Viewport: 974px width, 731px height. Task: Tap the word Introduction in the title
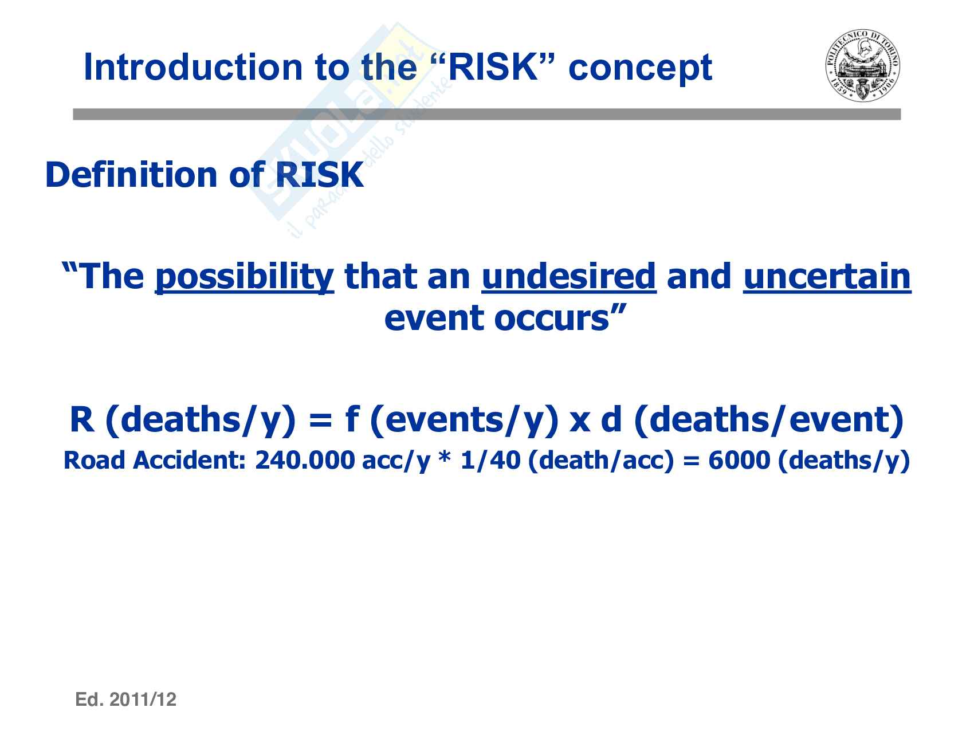(x=193, y=68)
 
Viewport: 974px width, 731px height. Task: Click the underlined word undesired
(x=569, y=276)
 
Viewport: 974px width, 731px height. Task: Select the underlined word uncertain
(x=827, y=276)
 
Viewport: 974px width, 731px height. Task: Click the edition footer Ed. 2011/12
(x=126, y=699)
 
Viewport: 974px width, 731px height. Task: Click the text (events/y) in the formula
(x=465, y=420)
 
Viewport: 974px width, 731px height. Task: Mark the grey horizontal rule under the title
(x=487, y=115)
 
